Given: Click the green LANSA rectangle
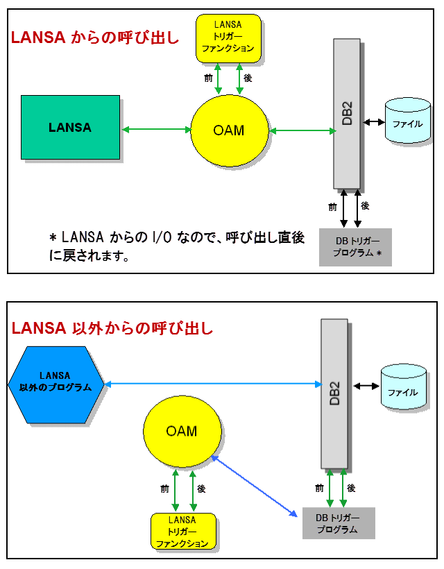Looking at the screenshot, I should (x=69, y=128).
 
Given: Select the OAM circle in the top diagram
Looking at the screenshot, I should (x=228, y=130).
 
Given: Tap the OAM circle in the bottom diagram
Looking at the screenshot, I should (x=181, y=431).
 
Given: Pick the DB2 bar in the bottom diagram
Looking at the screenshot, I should (x=334, y=393).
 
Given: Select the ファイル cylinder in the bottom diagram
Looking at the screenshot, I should (x=402, y=389).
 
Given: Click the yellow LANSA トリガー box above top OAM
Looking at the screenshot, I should (x=228, y=38).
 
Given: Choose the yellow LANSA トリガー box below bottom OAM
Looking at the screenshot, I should (x=182, y=532).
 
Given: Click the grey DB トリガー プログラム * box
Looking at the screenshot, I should (x=355, y=247).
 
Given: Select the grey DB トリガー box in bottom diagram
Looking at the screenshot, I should (x=338, y=523).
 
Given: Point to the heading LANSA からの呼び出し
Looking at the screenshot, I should (x=95, y=39).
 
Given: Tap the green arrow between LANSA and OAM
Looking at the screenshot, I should (x=155, y=129).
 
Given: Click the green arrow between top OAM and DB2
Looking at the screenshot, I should (x=301, y=130).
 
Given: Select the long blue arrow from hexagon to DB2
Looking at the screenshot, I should (x=212, y=383).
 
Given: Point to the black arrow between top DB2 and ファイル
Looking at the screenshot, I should (x=373, y=122).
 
